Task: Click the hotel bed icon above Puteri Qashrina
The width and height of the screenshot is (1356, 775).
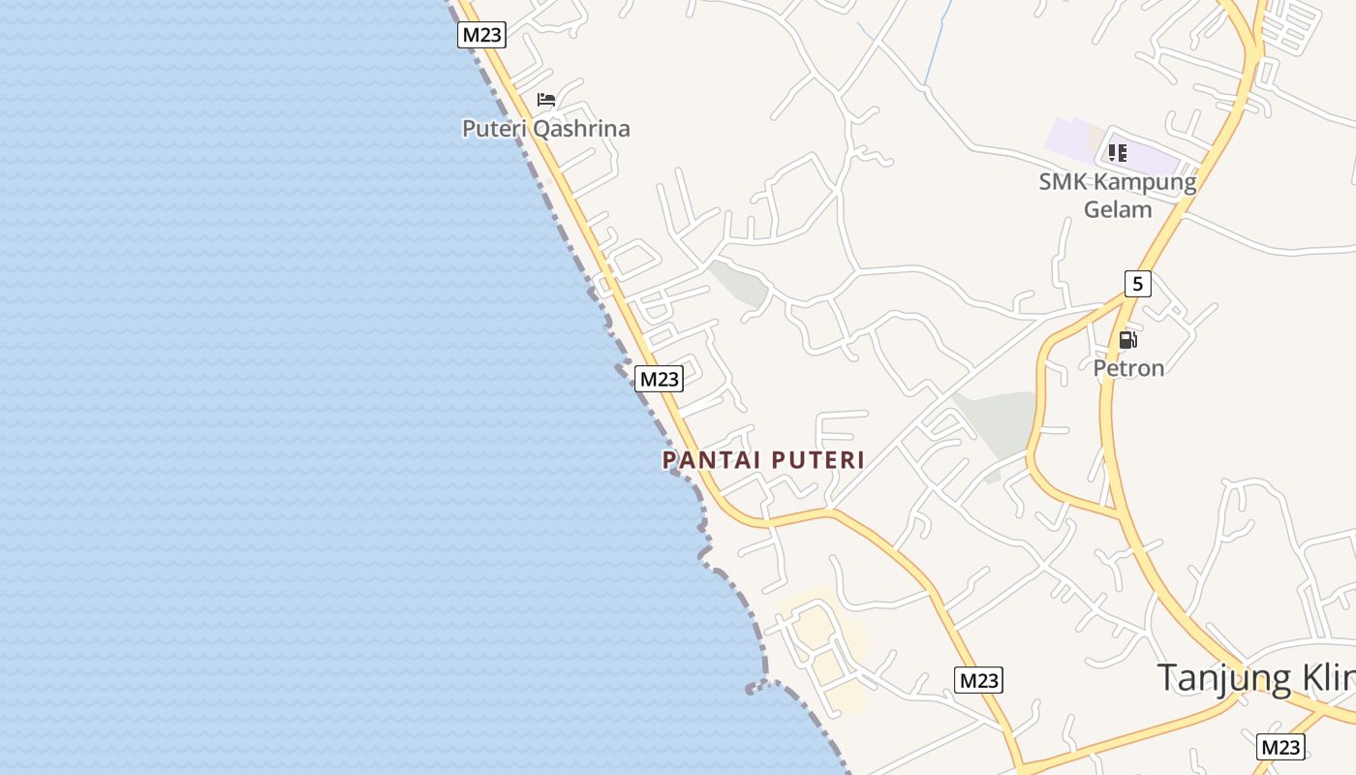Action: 546,100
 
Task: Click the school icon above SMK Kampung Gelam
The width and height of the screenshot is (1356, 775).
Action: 1118,153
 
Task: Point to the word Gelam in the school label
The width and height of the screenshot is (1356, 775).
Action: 1118,209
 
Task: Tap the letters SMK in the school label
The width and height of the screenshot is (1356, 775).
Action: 1063,182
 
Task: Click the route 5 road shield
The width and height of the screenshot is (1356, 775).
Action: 1138,284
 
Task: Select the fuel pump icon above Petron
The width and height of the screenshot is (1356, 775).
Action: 1127,340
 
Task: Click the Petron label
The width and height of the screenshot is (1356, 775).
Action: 1128,368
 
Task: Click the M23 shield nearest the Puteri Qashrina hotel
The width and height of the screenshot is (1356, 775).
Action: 481,35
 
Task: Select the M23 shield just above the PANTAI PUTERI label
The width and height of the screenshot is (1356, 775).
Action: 660,379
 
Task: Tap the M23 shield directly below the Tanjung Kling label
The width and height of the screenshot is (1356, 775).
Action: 1280,747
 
